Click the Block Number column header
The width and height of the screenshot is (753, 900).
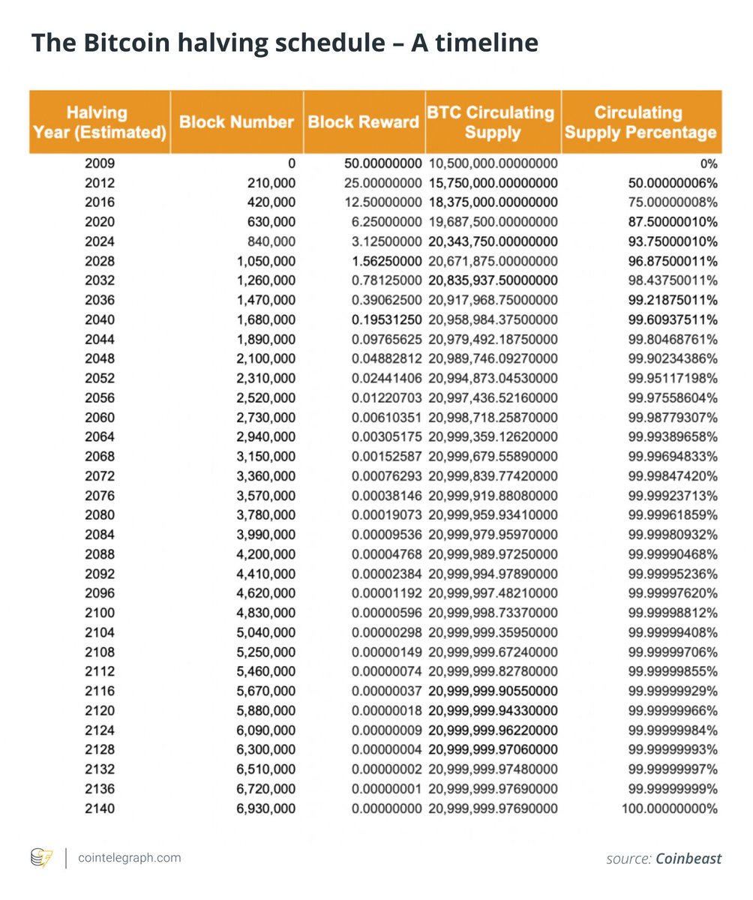236,122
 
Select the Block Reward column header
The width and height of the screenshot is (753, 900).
363,122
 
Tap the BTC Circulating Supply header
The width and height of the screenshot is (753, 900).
492,122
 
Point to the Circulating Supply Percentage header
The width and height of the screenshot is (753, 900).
640,122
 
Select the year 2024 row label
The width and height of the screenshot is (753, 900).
101,241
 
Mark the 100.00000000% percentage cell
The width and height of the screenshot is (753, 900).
669,808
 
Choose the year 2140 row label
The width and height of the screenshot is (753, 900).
101,808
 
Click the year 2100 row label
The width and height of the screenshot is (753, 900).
101,612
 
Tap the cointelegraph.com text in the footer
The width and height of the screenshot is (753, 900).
129,857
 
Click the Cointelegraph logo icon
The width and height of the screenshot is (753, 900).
40,858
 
